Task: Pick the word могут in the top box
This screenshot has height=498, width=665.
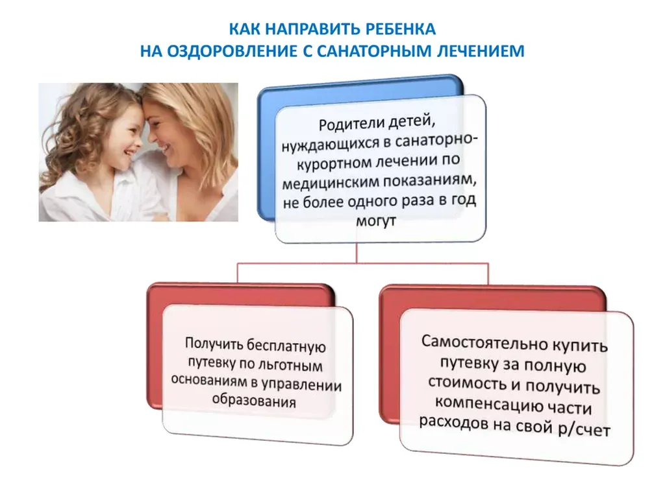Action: [376, 220]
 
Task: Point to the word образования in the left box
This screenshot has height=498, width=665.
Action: [254, 400]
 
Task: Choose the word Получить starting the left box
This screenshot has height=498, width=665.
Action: [213, 342]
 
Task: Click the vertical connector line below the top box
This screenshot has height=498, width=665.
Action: [357, 253]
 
